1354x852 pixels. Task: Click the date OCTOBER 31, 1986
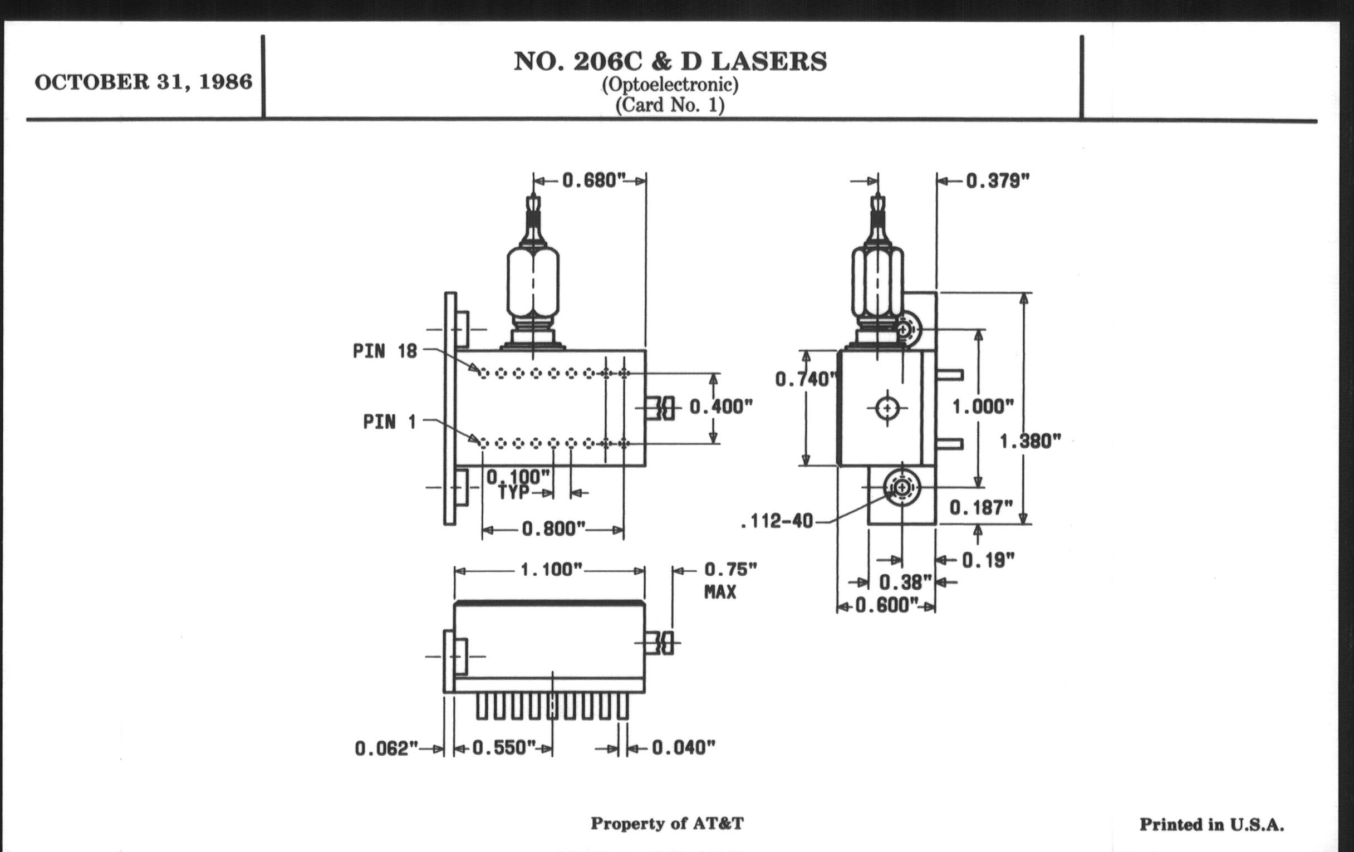(144, 82)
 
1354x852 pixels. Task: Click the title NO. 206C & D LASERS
(670, 61)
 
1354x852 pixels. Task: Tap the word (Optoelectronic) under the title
(670, 85)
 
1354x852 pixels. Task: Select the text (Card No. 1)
(670, 105)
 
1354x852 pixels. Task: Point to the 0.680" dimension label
(594, 180)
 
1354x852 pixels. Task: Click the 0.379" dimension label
(998, 181)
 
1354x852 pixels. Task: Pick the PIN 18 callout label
(385, 351)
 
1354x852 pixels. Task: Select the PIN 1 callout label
(389, 422)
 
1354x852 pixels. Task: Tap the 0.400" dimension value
(721, 407)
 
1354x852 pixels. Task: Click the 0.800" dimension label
(553, 529)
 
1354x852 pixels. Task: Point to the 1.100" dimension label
(551, 570)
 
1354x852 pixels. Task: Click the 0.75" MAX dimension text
(730, 580)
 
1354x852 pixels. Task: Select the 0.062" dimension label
(386, 749)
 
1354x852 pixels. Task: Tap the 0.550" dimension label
(503, 748)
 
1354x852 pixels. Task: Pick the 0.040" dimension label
(683, 748)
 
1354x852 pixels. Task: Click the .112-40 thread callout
(778, 522)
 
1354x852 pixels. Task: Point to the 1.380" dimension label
(1029, 442)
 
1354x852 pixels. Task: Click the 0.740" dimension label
(803, 380)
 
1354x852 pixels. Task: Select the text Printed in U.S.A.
(1211, 825)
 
